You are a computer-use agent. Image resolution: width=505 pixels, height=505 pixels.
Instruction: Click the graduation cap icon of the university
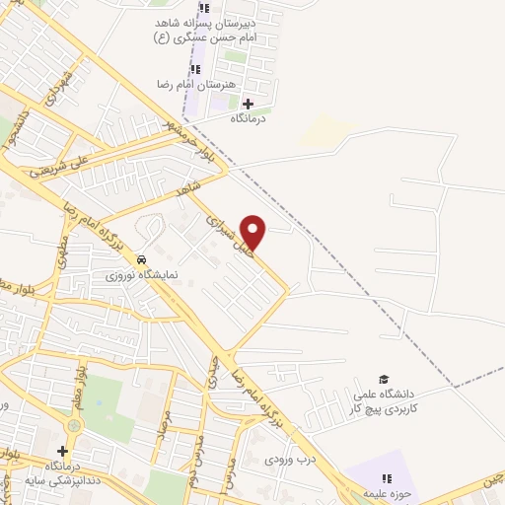(x=384, y=380)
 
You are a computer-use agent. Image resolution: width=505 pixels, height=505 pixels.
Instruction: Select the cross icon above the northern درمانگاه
(x=247, y=104)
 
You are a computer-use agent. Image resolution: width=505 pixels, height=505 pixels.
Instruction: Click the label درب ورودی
(x=288, y=459)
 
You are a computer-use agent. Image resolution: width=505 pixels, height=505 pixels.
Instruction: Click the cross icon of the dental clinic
(x=62, y=451)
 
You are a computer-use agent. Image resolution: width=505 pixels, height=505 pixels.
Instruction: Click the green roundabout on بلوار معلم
(x=74, y=425)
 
